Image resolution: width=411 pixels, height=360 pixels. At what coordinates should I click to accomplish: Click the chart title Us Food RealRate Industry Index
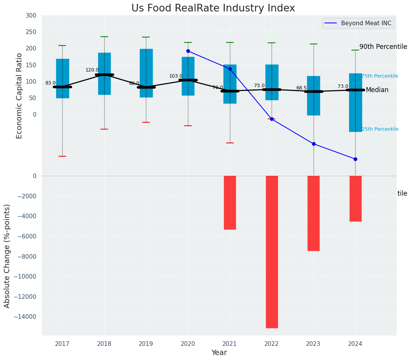(x=213, y=8)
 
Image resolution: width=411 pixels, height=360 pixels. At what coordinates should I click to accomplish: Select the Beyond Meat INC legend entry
(x=358, y=23)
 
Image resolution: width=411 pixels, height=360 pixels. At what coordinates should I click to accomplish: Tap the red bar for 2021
(x=230, y=203)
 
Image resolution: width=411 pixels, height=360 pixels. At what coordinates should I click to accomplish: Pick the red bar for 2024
(x=355, y=198)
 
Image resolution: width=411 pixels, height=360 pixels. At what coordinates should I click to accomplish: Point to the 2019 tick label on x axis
(x=146, y=344)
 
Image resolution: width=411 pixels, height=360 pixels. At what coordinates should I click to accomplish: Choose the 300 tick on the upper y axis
(x=31, y=16)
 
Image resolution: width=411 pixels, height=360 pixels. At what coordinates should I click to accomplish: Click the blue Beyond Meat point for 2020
(x=188, y=51)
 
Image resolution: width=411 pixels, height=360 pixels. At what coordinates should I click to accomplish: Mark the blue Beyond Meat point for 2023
(x=314, y=144)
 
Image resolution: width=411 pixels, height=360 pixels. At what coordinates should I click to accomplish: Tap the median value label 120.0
(x=92, y=70)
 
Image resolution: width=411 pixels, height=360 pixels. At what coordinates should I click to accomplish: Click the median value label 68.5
(x=301, y=88)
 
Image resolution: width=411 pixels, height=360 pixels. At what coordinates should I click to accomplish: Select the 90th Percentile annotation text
(x=383, y=47)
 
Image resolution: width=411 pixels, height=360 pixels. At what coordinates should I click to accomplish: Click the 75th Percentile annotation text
(x=380, y=76)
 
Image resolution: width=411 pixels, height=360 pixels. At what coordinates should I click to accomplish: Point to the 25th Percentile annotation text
(x=380, y=129)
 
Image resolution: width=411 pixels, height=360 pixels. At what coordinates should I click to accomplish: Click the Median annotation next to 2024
(x=377, y=90)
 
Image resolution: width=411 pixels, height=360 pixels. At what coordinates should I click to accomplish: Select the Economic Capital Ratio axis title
(x=19, y=96)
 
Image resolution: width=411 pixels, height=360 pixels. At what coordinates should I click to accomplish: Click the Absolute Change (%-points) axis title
(x=7, y=256)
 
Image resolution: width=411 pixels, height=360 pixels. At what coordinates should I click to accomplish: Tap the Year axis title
(x=219, y=353)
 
